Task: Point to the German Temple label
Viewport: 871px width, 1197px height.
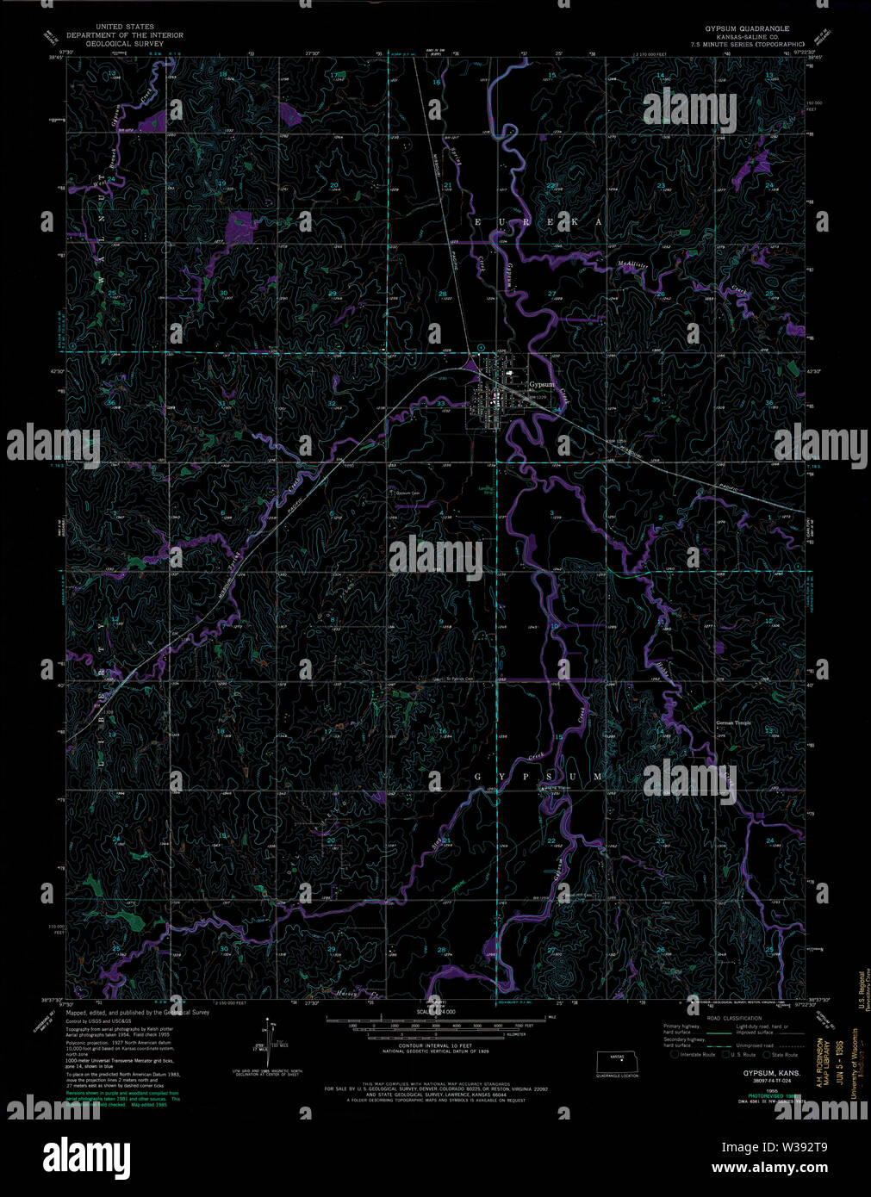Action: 733,723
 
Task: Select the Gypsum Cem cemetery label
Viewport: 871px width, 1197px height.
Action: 408,493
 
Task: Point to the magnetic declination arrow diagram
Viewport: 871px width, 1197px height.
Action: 267,1042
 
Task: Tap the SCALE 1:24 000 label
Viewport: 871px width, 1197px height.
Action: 436,1012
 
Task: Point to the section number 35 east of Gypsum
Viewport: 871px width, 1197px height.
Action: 656,400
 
